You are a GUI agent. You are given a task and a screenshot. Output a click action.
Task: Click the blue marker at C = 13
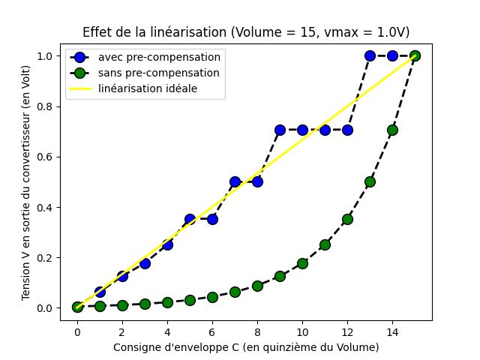click(x=370, y=56)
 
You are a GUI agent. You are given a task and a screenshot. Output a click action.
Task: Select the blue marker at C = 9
click(x=280, y=130)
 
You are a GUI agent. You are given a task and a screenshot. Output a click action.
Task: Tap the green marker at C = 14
click(x=392, y=130)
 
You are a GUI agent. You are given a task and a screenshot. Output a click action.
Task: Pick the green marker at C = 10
click(x=302, y=263)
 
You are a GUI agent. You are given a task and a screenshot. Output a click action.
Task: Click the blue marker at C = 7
click(x=235, y=181)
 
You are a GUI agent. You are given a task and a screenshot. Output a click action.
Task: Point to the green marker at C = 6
click(x=212, y=297)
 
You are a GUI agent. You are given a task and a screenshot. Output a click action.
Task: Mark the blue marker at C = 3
click(x=145, y=263)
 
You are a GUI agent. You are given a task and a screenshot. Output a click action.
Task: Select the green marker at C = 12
click(x=347, y=219)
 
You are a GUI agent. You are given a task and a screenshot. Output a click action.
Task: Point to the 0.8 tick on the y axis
click(x=58, y=106)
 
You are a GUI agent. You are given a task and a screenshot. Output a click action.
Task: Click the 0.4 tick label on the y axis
click(x=45, y=208)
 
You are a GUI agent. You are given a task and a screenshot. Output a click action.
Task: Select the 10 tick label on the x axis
click(x=302, y=332)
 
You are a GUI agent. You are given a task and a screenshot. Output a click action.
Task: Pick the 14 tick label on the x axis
click(x=392, y=332)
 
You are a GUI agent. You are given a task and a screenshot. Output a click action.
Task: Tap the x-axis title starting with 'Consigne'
click(x=246, y=347)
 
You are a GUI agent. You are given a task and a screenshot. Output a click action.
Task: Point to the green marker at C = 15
click(x=415, y=56)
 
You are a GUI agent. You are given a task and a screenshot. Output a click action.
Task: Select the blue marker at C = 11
click(x=325, y=130)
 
